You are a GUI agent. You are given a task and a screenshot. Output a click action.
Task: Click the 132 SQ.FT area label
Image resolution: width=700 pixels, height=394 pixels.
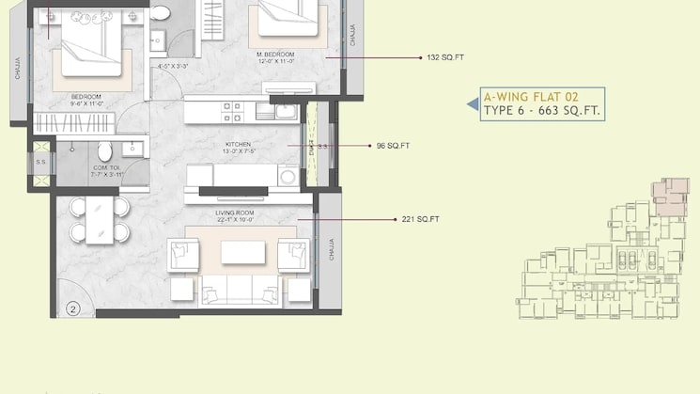pyautogui.click(x=445, y=57)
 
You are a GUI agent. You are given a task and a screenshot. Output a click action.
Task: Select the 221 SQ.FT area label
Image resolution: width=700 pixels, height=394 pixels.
pyautogui.click(x=420, y=219)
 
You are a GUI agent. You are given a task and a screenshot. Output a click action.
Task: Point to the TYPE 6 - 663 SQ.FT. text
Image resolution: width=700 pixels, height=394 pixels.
pyautogui.click(x=541, y=111)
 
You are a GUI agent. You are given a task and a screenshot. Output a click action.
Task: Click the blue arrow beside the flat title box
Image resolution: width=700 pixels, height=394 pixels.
pyautogui.click(x=472, y=104)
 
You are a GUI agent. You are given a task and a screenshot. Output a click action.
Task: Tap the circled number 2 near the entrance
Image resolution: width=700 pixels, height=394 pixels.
pyautogui.click(x=73, y=307)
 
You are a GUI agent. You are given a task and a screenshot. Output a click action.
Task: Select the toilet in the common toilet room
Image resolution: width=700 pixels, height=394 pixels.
pyautogui.click(x=105, y=150)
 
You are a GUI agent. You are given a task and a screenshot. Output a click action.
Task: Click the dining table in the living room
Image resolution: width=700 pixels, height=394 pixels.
pyautogui.click(x=100, y=221)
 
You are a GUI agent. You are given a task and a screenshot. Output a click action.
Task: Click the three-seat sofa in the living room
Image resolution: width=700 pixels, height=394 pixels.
pyautogui.click(x=241, y=291)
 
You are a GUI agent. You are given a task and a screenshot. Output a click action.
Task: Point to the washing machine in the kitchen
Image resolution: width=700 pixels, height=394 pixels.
pyautogui.click(x=288, y=176)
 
